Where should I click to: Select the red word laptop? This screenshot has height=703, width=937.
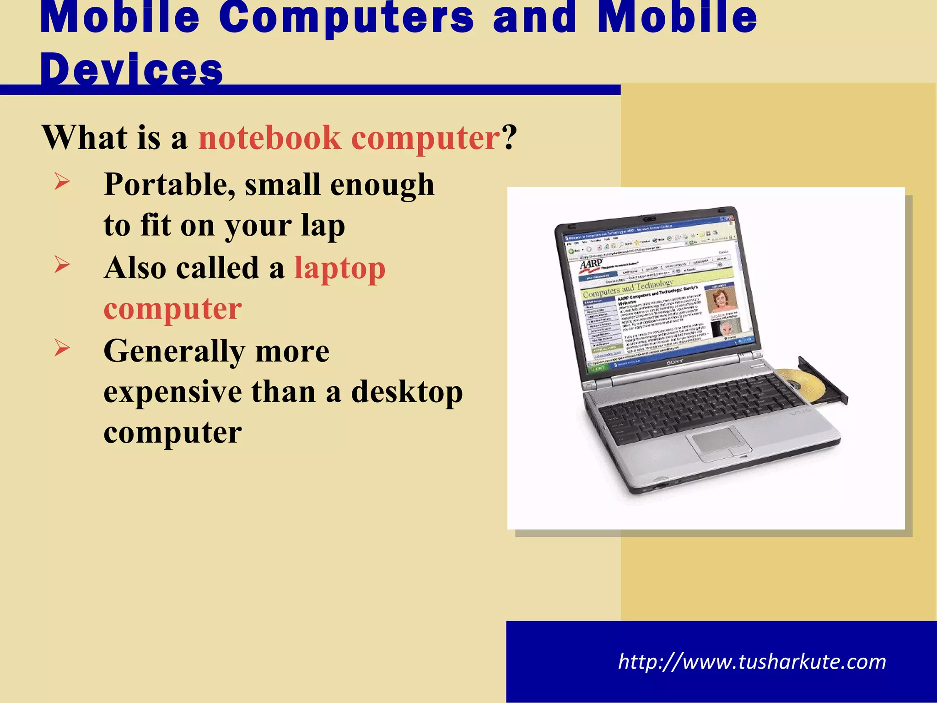coord(340,268)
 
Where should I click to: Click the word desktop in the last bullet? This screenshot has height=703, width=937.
coord(407,393)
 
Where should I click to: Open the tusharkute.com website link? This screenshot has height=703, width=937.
coord(752,662)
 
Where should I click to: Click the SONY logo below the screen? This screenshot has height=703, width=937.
coord(675,362)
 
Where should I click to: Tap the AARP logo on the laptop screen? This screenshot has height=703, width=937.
coord(591,265)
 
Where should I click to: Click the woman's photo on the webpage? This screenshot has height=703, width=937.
coord(722,300)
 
